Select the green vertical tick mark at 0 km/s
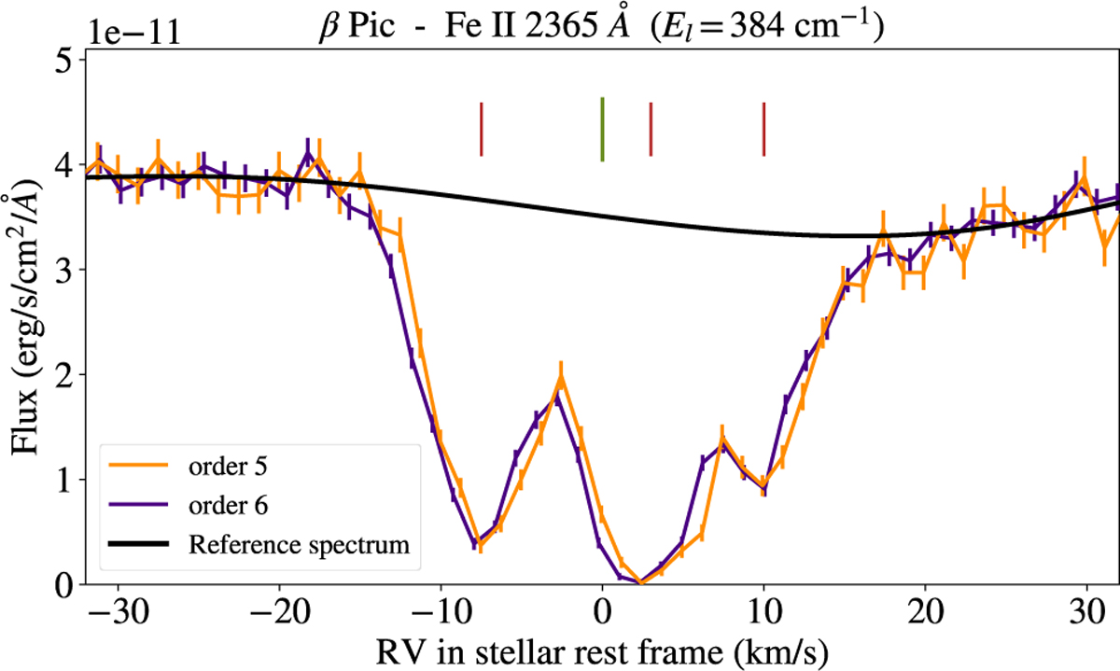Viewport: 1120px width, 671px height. pos(602,129)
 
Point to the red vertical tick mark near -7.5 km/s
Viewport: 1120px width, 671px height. pos(481,129)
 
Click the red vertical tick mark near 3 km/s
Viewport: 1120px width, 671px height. pos(651,129)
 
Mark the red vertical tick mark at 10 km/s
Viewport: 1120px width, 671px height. pos(763,129)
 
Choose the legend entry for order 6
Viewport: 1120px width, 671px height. pos(228,504)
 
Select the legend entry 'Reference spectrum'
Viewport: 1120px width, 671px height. pos(299,544)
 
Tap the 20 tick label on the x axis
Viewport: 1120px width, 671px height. pos(925,608)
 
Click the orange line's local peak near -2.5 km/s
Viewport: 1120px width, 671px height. pos(561,376)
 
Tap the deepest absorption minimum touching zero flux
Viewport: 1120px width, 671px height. pos(640,582)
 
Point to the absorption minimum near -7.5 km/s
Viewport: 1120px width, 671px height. pos(479,544)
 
